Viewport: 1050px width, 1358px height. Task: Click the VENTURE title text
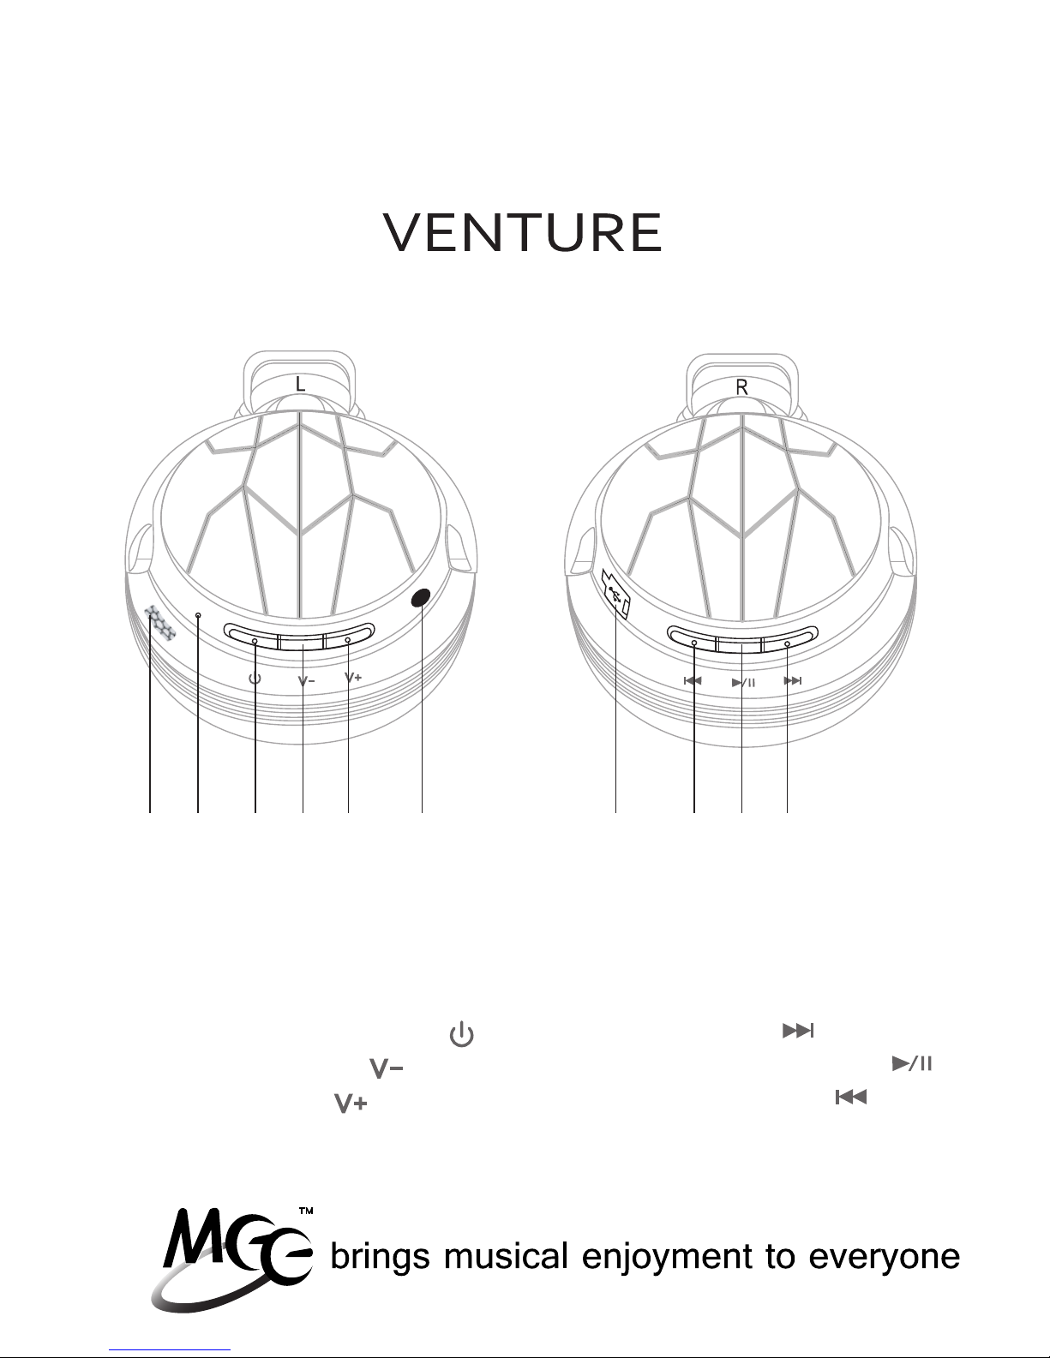point(523,232)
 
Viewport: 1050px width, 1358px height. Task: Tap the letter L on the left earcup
point(300,386)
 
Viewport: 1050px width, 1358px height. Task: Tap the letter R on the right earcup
point(742,387)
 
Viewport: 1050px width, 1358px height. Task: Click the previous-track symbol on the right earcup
point(693,681)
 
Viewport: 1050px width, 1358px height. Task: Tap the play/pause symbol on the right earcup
point(743,683)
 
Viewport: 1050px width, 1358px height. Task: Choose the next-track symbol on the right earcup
point(793,681)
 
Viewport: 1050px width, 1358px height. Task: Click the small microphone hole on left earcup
point(198,615)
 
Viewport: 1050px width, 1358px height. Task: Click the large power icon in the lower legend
point(461,1034)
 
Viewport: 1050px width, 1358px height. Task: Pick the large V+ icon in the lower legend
point(351,1104)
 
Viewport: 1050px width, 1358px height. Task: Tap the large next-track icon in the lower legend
point(796,1032)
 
